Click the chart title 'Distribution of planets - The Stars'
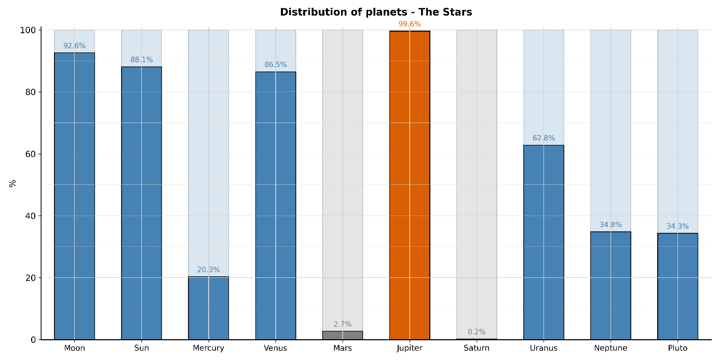(376, 12)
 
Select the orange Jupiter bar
(410, 185)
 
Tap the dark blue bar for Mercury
(208, 308)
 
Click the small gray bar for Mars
(343, 335)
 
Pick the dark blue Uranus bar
(544, 242)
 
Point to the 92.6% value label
(74, 46)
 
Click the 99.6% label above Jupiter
(410, 24)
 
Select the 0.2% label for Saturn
(477, 332)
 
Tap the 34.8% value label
(611, 225)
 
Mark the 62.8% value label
(544, 138)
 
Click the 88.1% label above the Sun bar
(141, 60)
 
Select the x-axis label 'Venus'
(275, 348)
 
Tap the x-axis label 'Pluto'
(677, 348)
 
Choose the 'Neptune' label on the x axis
(611, 348)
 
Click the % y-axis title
(13, 183)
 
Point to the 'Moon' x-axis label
(74, 348)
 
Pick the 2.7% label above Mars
(343, 324)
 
